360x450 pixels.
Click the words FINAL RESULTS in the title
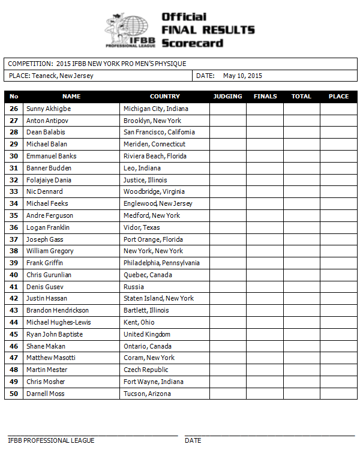(x=208, y=30)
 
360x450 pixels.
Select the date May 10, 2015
(x=242, y=76)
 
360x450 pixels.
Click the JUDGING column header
(x=227, y=96)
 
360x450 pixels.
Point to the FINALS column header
(x=265, y=96)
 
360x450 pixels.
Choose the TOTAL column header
(x=301, y=96)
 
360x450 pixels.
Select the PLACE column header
(x=338, y=96)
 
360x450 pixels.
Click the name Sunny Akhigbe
(x=48, y=109)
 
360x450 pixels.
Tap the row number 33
(x=14, y=191)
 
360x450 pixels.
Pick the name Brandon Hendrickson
(x=57, y=310)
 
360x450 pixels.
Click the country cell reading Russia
(x=133, y=287)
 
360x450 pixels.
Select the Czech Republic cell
(x=146, y=370)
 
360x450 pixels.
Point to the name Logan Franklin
(x=48, y=227)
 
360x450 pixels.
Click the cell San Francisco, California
(x=159, y=132)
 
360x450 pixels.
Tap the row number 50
(x=14, y=394)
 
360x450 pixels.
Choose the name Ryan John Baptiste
(x=55, y=334)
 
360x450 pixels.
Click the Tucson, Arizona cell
(x=147, y=394)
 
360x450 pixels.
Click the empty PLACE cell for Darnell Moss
(x=338, y=394)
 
